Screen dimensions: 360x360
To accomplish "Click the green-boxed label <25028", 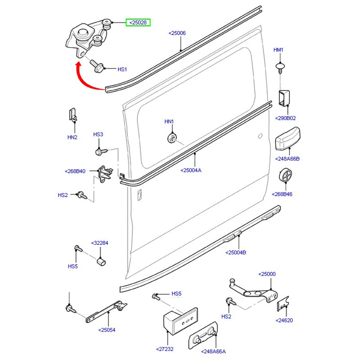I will (x=138, y=22).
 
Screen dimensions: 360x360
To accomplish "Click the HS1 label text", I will (x=122, y=69).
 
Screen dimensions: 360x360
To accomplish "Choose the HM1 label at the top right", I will (x=279, y=49).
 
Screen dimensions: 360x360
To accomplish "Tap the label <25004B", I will (x=235, y=252).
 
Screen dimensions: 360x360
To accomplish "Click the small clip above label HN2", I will (x=72, y=115).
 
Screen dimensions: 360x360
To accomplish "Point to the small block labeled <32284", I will (x=102, y=261).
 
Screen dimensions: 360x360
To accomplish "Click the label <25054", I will (x=107, y=330).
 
